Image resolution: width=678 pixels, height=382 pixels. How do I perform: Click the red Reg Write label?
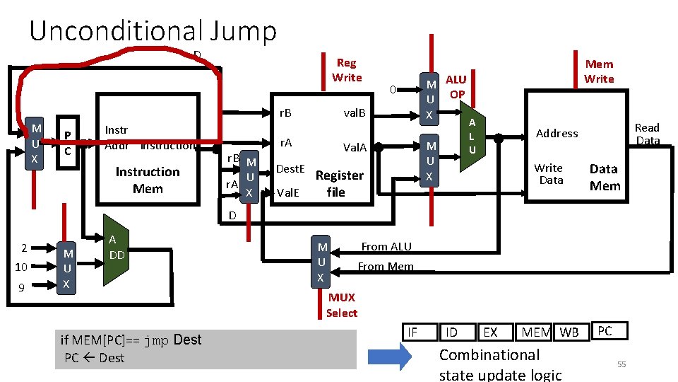(x=347, y=70)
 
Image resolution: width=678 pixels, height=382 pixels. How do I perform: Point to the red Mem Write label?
(x=599, y=71)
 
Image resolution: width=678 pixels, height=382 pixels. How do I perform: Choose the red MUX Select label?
(x=342, y=305)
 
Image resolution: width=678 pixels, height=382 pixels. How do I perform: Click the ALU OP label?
(x=456, y=86)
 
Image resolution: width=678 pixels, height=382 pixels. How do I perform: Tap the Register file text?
(x=339, y=183)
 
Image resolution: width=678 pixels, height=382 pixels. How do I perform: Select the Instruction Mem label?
(x=148, y=180)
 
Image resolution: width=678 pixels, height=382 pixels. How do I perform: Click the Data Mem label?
(x=605, y=177)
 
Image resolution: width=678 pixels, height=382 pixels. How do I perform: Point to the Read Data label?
(x=647, y=134)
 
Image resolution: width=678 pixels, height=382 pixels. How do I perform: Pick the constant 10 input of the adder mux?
(x=21, y=267)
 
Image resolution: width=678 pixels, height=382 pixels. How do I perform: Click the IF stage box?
(x=412, y=330)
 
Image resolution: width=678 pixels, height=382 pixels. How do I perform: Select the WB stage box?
(x=569, y=332)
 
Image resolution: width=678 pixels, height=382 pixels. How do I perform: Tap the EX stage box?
(x=490, y=332)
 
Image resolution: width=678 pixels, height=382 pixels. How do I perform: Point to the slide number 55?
(x=621, y=364)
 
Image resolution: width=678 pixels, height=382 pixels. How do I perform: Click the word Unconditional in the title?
(x=116, y=31)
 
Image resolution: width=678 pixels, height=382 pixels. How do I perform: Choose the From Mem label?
(x=385, y=267)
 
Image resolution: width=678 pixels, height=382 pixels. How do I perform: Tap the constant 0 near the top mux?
(x=394, y=90)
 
